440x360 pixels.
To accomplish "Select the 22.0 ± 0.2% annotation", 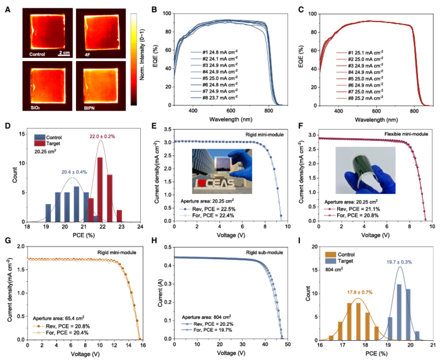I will click(100, 136).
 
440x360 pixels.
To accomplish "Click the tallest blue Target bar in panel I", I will click(400, 309).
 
